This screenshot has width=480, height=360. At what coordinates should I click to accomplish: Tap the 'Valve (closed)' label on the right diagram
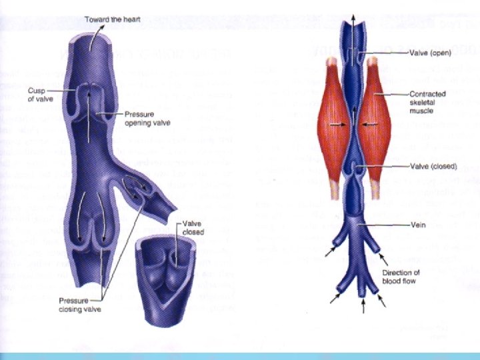coord(433,165)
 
